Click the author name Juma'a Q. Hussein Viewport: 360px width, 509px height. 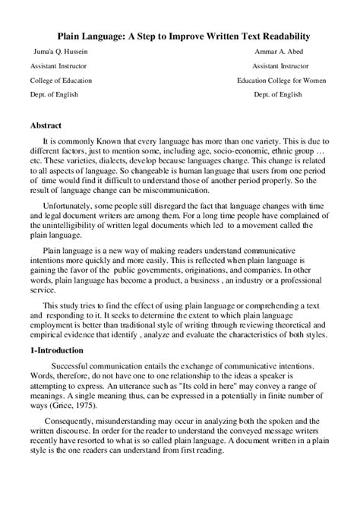coord(56,52)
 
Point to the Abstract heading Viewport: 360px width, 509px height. coord(46,124)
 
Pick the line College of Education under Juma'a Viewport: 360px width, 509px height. coord(61,80)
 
